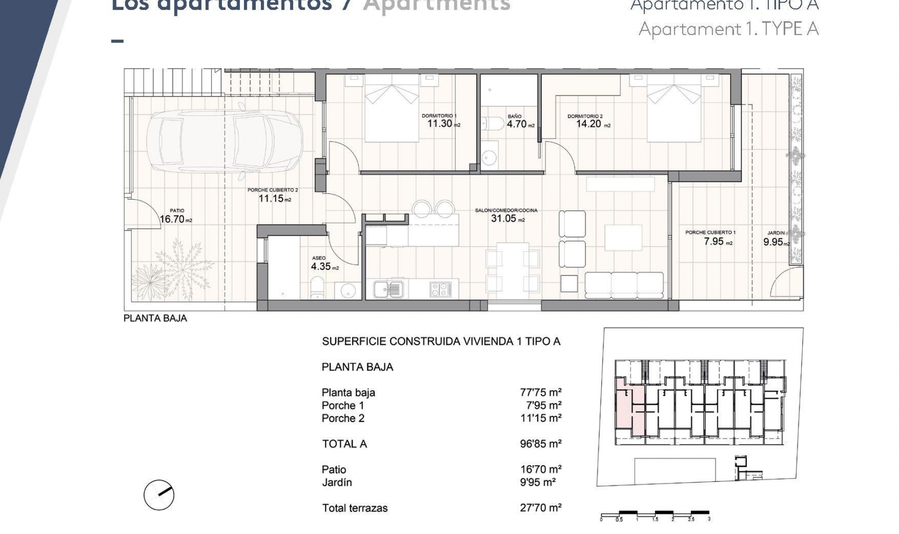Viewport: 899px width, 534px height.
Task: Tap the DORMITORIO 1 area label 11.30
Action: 440,124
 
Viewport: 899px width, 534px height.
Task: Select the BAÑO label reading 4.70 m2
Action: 517,124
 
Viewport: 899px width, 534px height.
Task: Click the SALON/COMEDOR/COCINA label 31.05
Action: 504,218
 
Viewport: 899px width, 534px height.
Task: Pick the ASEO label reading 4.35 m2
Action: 321,267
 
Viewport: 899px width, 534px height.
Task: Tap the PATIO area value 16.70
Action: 172,219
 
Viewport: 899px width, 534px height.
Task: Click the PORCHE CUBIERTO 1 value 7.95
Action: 714,241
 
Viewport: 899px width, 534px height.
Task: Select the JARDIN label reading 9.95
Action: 773,242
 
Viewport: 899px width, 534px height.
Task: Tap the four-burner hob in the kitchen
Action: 440,289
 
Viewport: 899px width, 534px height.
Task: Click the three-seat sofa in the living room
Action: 624,284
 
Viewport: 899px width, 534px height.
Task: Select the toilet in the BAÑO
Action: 493,124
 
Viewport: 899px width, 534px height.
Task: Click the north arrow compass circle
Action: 159,495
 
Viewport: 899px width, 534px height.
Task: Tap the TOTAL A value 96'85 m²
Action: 540,444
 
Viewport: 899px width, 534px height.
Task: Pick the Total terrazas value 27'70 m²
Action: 540,507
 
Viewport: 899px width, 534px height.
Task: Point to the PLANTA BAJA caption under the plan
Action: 155,318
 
